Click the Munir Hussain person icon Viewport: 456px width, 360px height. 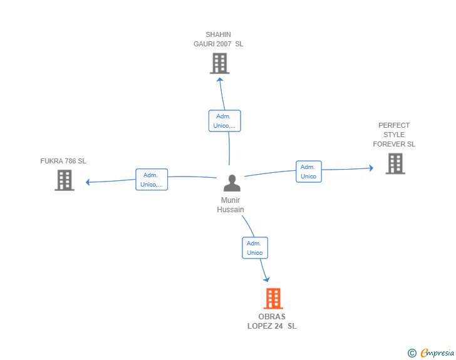pyautogui.click(x=232, y=183)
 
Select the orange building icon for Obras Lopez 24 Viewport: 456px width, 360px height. pyautogui.click(x=273, y=299)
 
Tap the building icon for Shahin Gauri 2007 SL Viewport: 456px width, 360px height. pyautogui.click(x=219, y=63)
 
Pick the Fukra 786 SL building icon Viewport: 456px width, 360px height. pyautogui.click(x=65, y=180)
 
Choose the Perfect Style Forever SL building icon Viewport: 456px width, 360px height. pyautogui.click(x=395, y=163)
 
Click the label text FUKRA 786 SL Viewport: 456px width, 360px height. pyautogui.click(x=63, y=161)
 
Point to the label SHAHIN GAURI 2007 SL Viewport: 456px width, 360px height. pyautogui.click(x=219, y=39)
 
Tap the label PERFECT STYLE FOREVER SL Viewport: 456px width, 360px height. pyautogui.click(x=394, y=135)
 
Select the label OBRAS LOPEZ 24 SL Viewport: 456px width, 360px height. pyautogui.click(x=272, y=321)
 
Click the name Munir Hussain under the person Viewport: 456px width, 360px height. pyautogui.click(x=231, y=205)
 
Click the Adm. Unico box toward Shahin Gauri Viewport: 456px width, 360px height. pyautogui.click(x=224, y=121)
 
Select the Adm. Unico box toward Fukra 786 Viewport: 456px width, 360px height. pyautogui.click(x=152, y=180)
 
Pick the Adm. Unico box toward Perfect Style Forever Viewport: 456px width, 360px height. pyautogui.click(x=308, y=172)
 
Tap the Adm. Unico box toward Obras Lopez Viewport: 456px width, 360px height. pyautogui.click(x=254, y=248)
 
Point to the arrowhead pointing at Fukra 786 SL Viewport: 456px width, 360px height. pyautogui.click(x=88, y=182)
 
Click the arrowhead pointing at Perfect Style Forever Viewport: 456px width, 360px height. pyautogui.click(x=371, y=168)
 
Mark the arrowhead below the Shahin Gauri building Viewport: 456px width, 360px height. pyautogui.click(x=220, y=80)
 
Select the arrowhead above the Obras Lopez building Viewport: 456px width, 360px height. pyautogui.click(x=267, y=279)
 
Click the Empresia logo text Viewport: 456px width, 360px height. pyautogui.click(x=437, y=353)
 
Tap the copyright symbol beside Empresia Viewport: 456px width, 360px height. pyautogui.click(x=412, y=353)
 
